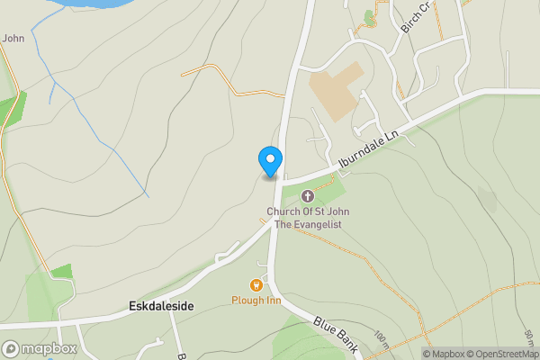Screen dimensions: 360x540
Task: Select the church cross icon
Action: pyautogui.click(x=308, y=196)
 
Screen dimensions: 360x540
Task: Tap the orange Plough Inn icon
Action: pyautogui.click(x=256, y=285)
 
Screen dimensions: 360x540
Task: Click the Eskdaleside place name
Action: pyautogui.click(x=161, y=307)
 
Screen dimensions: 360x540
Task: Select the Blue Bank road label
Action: pyautogui.click(x=337, y=334)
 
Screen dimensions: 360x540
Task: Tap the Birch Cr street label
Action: pyautogui.click(x=418, y=16)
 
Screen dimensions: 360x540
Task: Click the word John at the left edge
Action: pyautogui.click(x=13, y=38)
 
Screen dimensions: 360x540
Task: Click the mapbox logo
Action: pyautogui.click(x=40, y=348)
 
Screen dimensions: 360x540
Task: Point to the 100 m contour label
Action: pyautogui.click(x=382, y=340)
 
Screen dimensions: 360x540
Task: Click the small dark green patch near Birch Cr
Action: pyautogui.click(x=368, y=16)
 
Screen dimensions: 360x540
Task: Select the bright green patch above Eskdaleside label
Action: pyautogui.click(x=61, y=271)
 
